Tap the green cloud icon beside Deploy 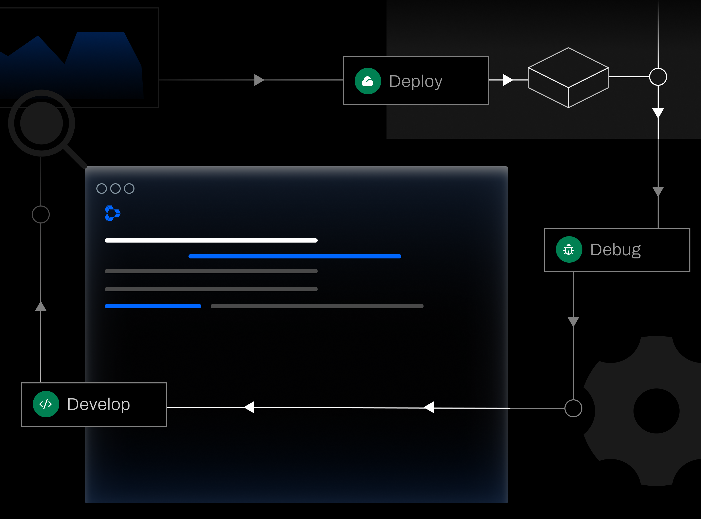[x=368, y=81]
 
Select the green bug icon [x=569, y=249]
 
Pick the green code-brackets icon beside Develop [x=46, y=404]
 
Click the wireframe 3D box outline [x=568, y=77]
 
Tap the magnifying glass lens [x=42, y=123]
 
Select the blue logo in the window [x=113, y=213]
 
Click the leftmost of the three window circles [x=101, y=189]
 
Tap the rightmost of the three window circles [x=129, y=189]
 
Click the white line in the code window [x=211, y=240]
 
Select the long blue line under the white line [x=295, y=256]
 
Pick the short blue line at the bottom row [x=153, y=306]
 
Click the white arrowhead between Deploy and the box [x=507, y=80]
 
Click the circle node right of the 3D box [x=658, y=77]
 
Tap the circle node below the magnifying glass [x=41, y=214]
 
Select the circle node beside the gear [x=573, y=408]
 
